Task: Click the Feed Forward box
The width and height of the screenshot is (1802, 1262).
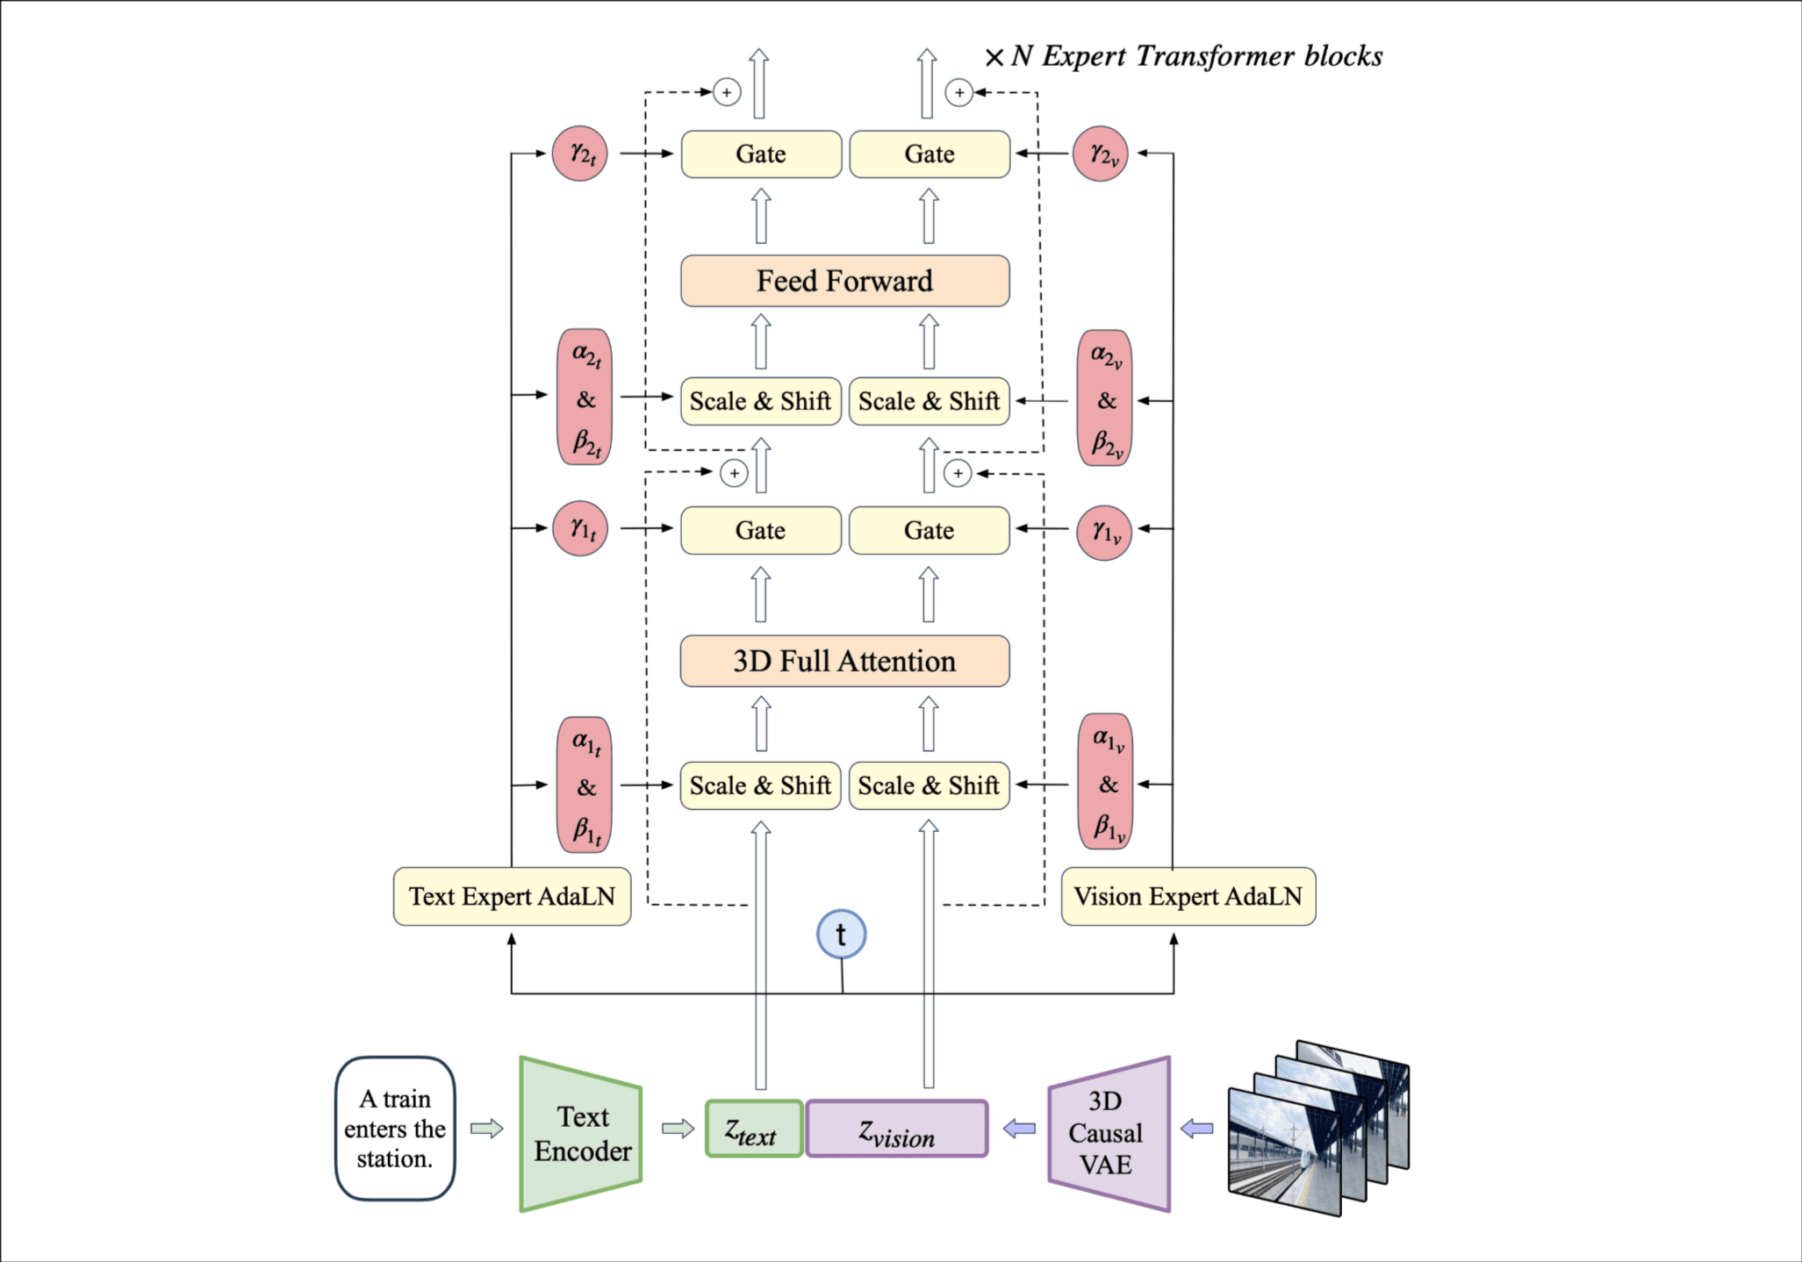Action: (x=844, y=281)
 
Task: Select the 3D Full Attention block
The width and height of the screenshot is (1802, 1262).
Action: (x=844, y=661)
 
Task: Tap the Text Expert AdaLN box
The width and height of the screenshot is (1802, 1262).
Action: (x=512, y=896)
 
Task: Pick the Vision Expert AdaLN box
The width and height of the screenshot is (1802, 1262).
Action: (x=1188, y=896)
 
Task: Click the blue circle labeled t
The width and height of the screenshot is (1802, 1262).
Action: (x=841, y=935)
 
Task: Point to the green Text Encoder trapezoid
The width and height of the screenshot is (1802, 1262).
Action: (x=581, y=1133)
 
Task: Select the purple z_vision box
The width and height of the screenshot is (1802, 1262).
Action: (x=896, y=1129)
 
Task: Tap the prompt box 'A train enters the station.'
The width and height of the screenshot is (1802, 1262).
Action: (x=395, y=1129)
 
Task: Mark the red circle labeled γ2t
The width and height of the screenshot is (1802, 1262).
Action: (x=579, y=154)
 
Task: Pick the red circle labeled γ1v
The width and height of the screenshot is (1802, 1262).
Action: (x=1104, y=532)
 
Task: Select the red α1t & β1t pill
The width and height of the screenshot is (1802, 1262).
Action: (x=585, y=785)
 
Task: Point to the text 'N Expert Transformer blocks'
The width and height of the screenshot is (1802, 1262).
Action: (x=1195, y=56)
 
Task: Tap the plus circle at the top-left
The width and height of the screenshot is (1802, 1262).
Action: (x=727, y=92)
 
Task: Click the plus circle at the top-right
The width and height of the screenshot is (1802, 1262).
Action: (x=959, y=92)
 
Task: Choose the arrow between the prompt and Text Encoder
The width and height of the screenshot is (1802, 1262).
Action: (x=487, y=1129)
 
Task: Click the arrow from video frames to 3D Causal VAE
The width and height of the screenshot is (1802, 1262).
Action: (x=1197, y=1129)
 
